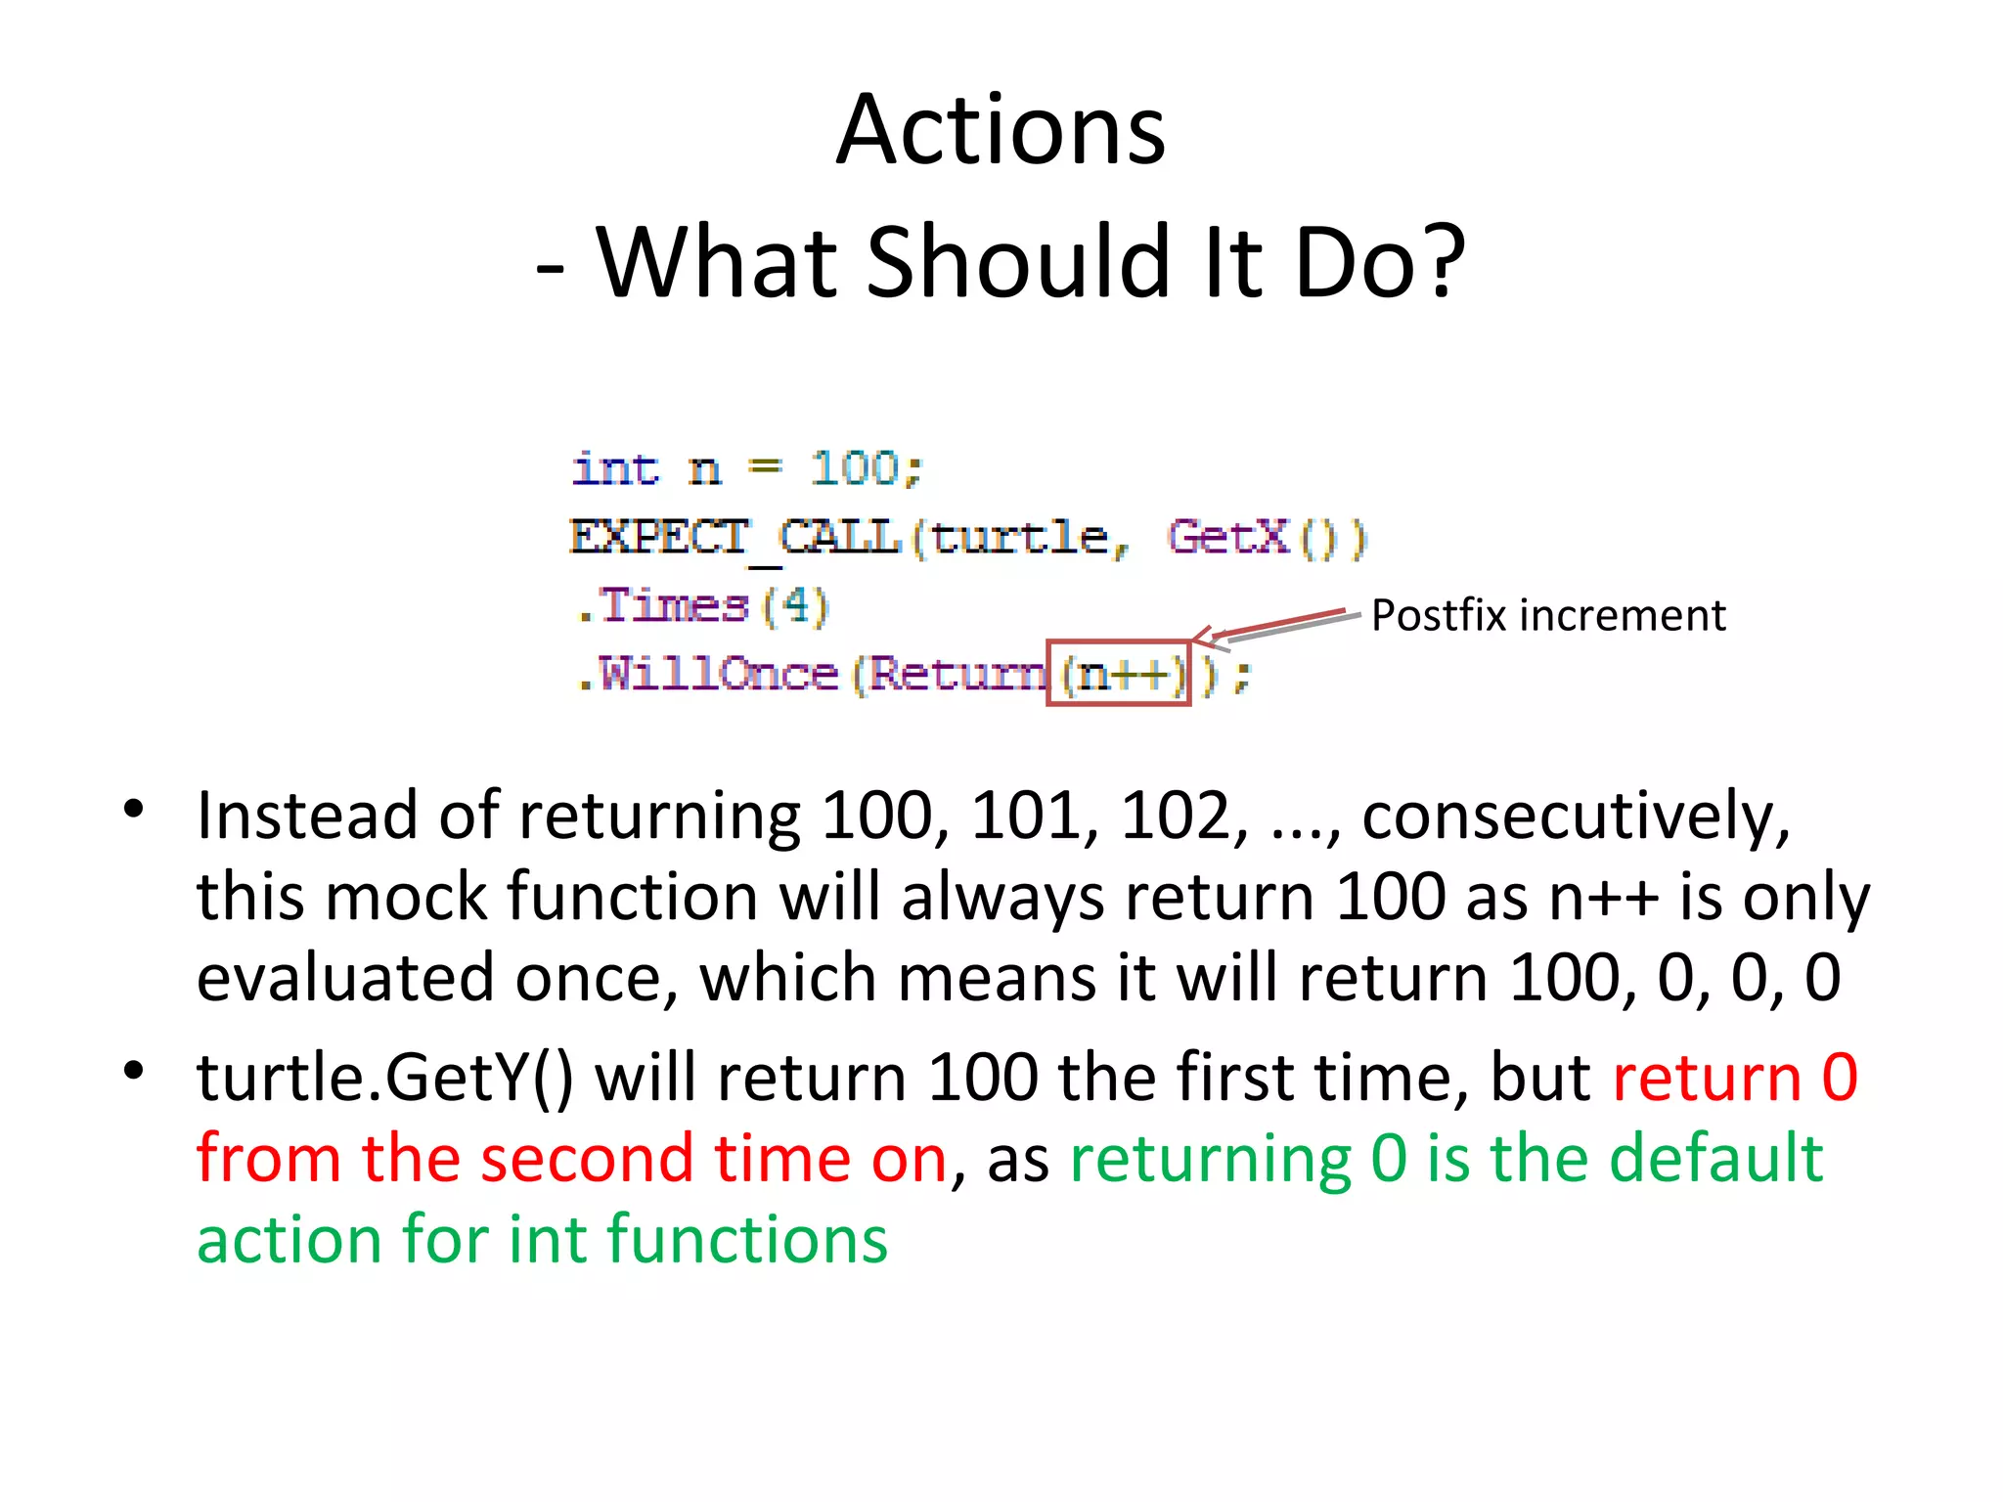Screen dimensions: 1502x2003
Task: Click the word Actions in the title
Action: click(1001, 130)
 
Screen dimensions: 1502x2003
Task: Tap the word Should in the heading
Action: click(1017, 262)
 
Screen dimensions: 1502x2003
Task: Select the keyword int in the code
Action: click(615, 469)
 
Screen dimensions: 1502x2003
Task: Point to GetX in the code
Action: click(1228, 537)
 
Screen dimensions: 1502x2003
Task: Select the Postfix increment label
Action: click(1548, 616)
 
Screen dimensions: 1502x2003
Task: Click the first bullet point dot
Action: click(134, 810)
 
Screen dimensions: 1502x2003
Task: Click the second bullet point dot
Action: click(134, 1071)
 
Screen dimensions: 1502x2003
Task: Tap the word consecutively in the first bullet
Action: click(1576, 817)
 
